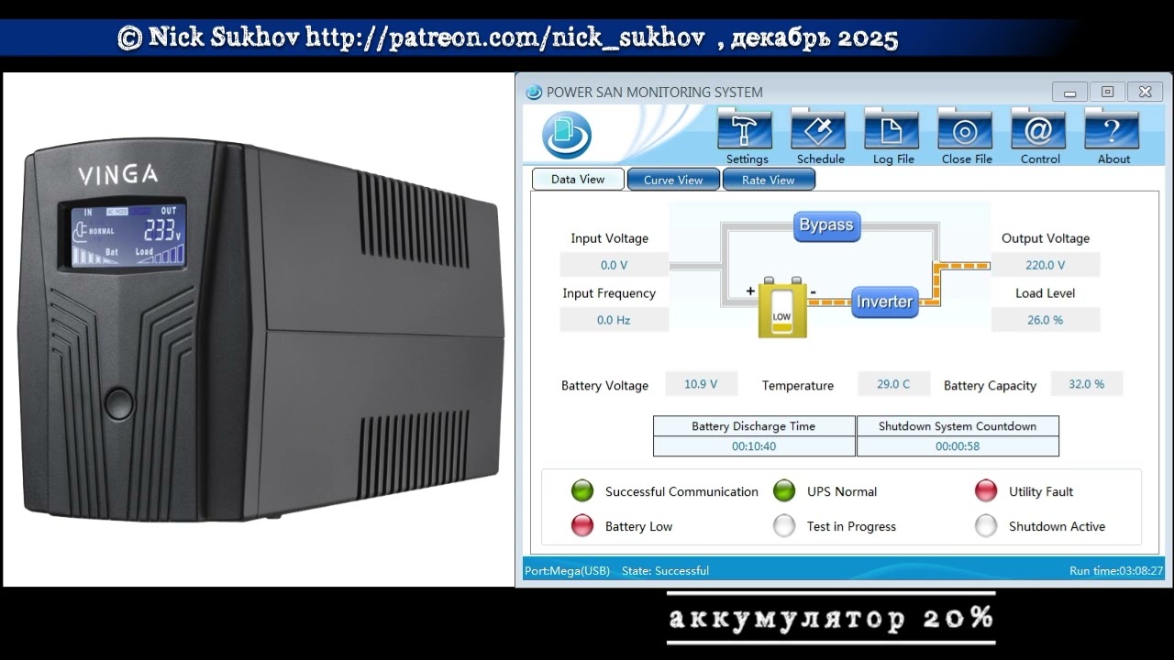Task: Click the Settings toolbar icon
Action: [744, 129]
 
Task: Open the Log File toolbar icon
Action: [891, 129]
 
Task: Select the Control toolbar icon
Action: [1037, 129]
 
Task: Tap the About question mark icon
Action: [1111, 129]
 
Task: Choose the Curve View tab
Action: [673, 180]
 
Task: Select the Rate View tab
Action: [769, 180]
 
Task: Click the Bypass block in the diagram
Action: [826, 226]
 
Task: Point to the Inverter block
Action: [885, 302]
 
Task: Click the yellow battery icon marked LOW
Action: [782, 307]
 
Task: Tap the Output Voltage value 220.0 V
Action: [1045, 265]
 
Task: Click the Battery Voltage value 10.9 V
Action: [701, 384]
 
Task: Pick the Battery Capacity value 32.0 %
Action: [1087, 384]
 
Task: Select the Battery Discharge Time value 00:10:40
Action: [754, 446]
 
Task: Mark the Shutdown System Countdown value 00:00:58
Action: [958, 446]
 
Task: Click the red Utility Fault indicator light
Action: [986, 490]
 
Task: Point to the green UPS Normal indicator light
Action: [784, 490]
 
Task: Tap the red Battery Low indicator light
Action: [582, 525]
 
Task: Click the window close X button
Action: [1146, 93]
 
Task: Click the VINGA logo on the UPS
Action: [118, 174]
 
